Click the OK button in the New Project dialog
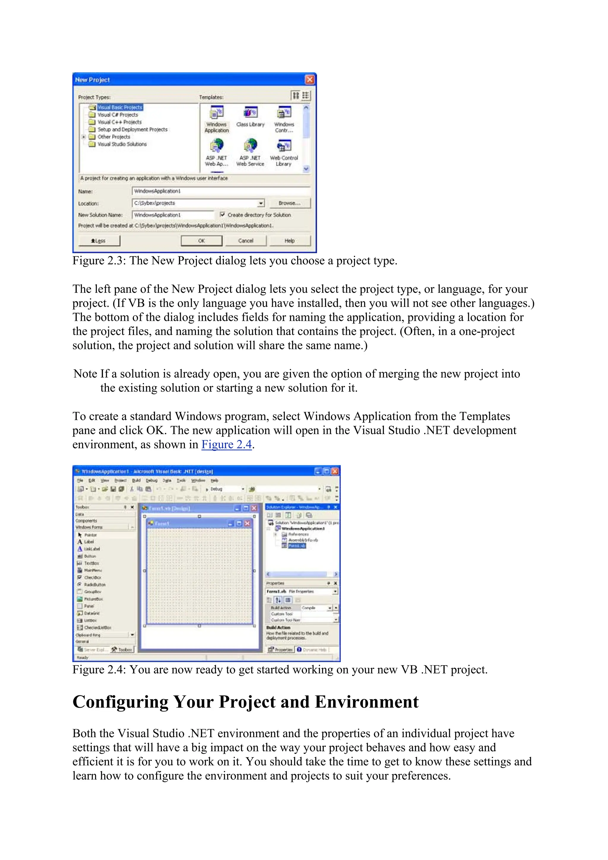pos(202,240)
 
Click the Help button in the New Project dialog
pos(289,240)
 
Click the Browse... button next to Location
pos(289,203)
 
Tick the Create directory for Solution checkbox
pos(223,215)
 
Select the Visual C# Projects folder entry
pos(118,115)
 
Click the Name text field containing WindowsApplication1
pos(221,191)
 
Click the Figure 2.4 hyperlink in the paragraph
pos(226,444)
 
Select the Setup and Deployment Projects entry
pos(132,129)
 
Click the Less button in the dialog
pos(99,240)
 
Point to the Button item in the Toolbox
pos(90,556)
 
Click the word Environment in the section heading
pos(366,702)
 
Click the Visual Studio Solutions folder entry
pos(122,144)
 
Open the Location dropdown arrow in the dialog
pos(261,203)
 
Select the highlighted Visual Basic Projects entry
pos(120,107)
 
